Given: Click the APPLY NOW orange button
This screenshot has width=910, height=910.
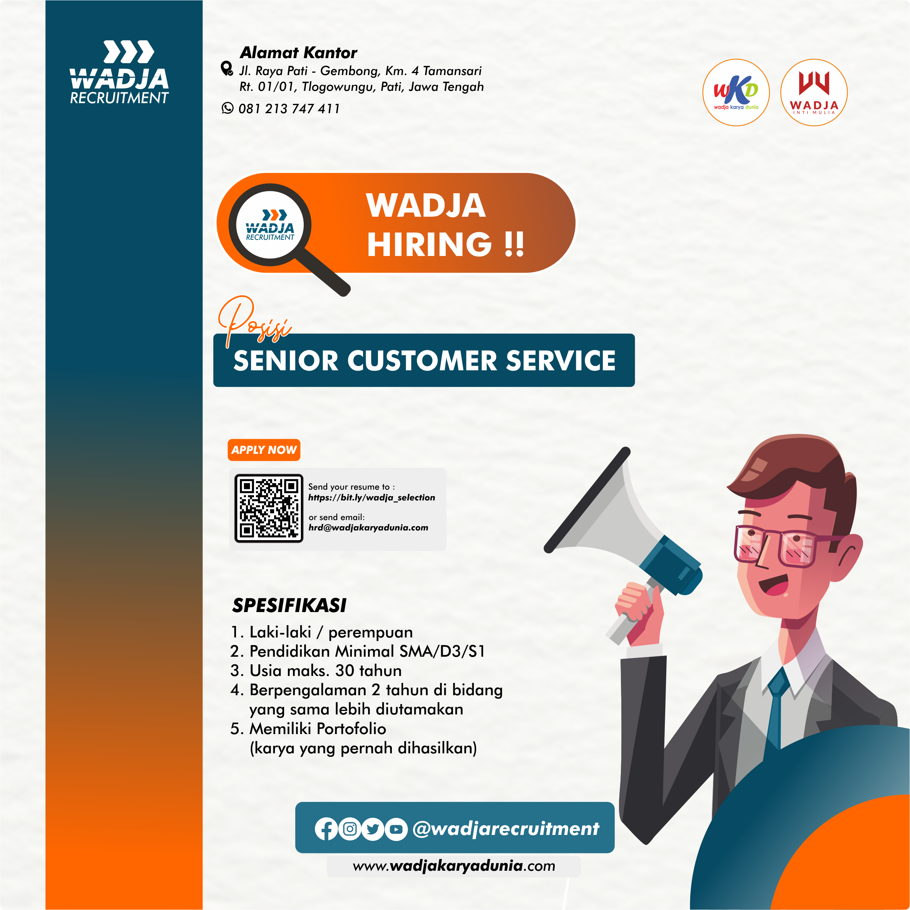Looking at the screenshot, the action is (x=264, y=450).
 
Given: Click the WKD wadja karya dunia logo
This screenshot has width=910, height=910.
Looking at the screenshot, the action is (x=736, y=92).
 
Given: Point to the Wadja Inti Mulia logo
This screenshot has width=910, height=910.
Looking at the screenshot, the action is (x=814, y=92).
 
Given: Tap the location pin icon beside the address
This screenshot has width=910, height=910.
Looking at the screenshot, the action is (x=227, y=69).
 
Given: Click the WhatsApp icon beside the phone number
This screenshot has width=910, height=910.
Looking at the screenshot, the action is (x=227, y=108).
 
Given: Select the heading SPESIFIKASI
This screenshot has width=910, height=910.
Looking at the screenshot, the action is (x=289, y=605).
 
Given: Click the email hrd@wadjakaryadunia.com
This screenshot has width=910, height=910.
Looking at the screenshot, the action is (x=368, y=527).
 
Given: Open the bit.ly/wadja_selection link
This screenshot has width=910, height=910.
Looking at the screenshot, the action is (x=371, y=497).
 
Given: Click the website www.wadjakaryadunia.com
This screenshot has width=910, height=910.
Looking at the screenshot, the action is (x=454, y=866).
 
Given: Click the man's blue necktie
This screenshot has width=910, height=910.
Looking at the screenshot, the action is (x=776, y=706).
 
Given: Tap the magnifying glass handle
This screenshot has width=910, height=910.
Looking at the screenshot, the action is (x=324, y=272).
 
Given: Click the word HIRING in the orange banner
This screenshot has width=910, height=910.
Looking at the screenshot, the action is (x=430, y=244).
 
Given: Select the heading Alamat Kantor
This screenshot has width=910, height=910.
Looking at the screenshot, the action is (x=299, y=52).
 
